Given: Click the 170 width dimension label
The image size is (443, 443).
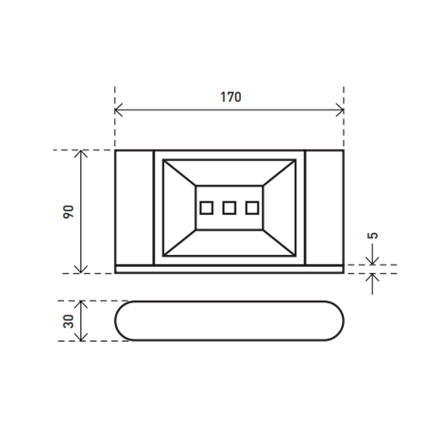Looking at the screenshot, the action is coord(231,97).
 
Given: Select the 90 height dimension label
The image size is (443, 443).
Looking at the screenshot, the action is coord(69,212).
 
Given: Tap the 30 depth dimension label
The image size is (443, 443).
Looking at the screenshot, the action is coord(69,321).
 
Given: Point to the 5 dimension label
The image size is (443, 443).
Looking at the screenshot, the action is coord(372,235).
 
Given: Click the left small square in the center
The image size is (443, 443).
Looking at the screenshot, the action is coord(206,208).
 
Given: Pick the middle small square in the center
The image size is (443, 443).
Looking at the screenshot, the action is coord(229,208).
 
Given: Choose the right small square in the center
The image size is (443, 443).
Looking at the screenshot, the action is coord(252,208).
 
